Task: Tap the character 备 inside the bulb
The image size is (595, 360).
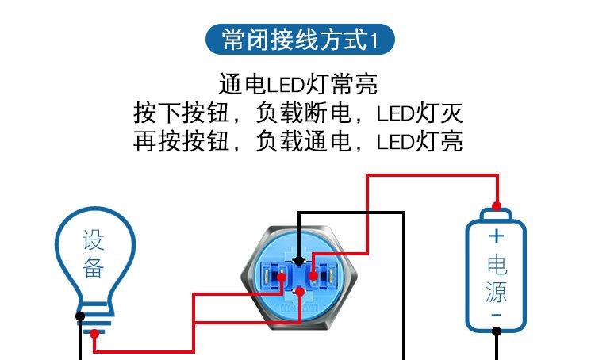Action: [94, 268]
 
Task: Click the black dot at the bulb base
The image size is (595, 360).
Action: [80, 316]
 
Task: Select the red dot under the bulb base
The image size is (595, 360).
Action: [94, 334]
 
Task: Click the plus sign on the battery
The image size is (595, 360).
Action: [497, 236]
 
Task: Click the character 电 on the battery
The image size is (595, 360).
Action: [497, 264]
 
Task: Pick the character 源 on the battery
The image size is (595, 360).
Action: [497, 291]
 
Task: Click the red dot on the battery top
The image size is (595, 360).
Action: [497, 203]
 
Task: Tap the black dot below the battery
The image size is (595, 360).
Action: [497, 333]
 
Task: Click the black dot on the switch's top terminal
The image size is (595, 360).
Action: [297, 259]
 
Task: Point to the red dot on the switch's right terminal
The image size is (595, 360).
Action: [314, 277]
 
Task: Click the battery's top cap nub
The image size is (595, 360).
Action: [497, 212]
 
